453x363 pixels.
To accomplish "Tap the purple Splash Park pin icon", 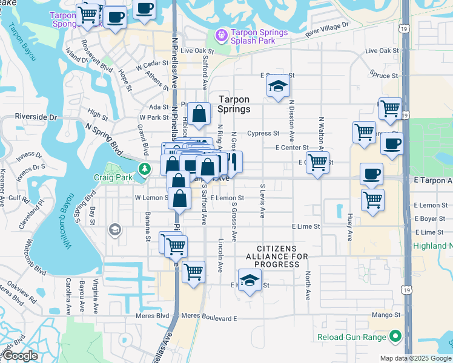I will pyautogui.click(x=220, y=36).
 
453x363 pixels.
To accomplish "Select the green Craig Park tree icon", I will pyautogui.click(x=144, y=169).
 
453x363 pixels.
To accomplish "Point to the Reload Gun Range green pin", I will pyautogui.click(x=396, y=336).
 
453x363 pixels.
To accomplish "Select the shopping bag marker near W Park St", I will pyautogui.click(x=199, y=114).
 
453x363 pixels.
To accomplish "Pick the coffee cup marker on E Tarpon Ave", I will pyautogui.click(x=371, y=174).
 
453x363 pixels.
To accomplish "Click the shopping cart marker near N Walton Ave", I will pyautogui.click(x=317, y=162).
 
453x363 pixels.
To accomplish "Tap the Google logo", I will pyautogui.click(x=20, y=356).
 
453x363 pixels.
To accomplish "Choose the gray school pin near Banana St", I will pyautogui.click(x=114, y=229).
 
